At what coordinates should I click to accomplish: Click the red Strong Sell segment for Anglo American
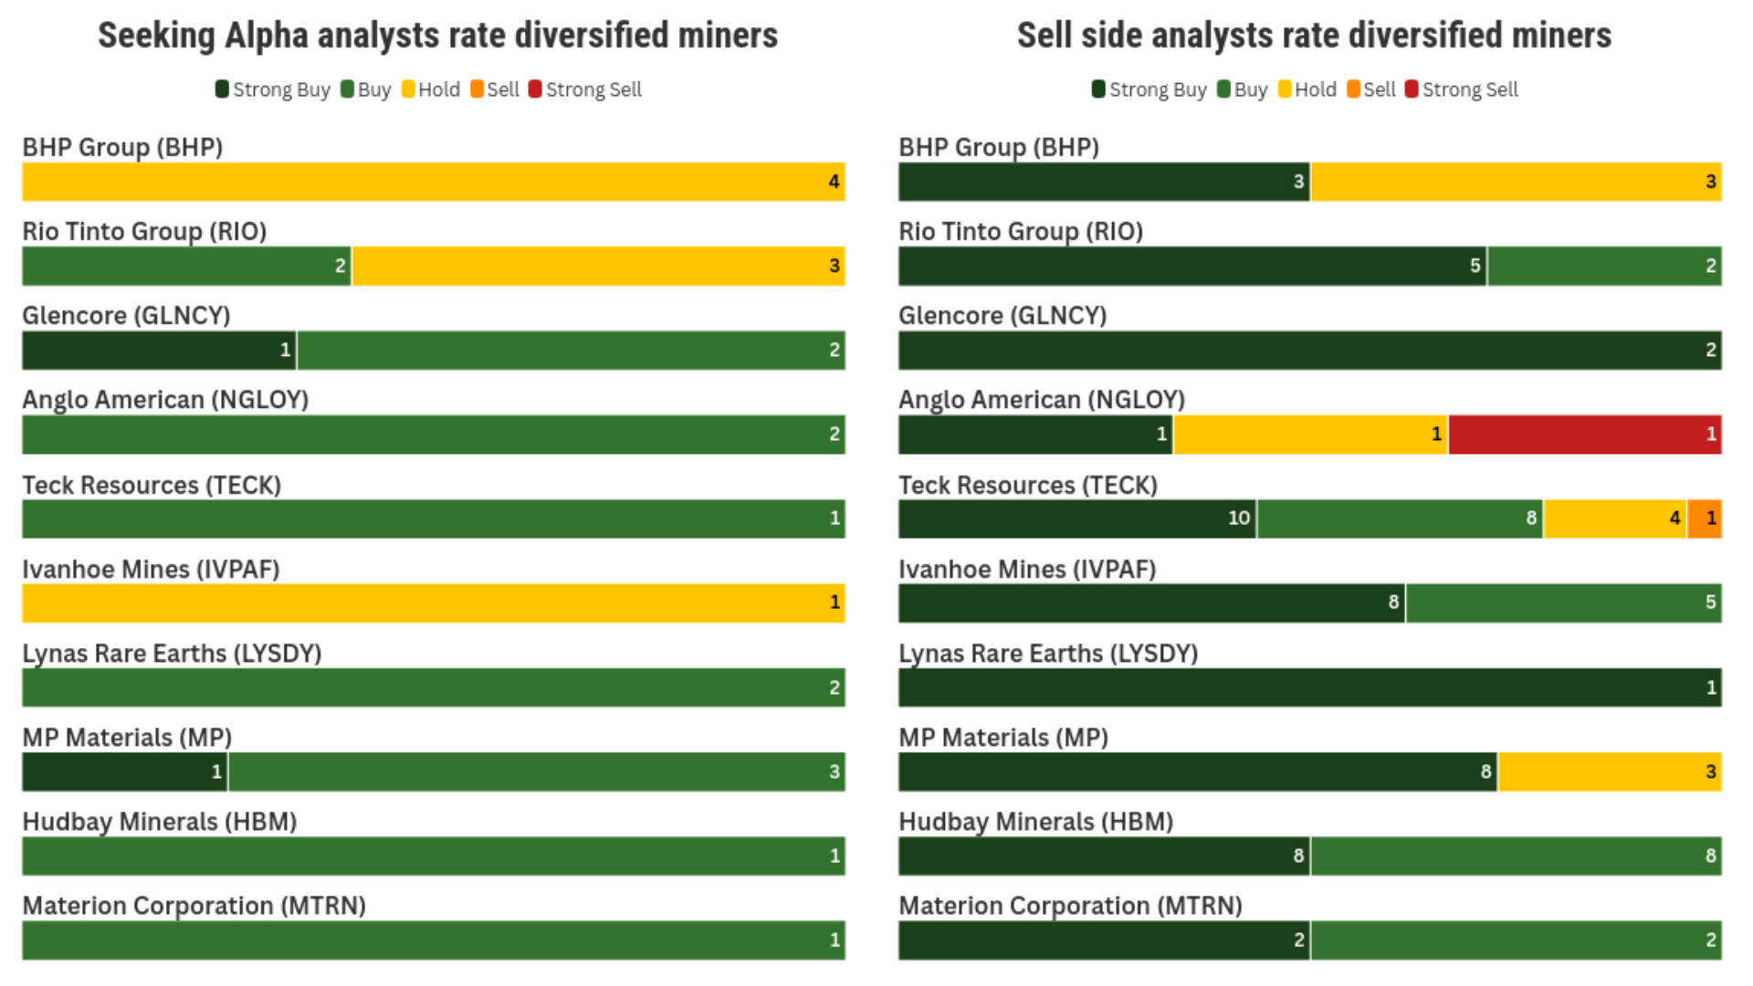pos(1584,435)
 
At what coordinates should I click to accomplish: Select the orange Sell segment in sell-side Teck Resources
pos(1704,519)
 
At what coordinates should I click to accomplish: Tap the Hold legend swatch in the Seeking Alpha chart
pos(408,89)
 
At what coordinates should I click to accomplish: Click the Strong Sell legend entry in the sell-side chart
pos(1462,89)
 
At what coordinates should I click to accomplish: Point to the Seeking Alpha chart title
pos(437,36)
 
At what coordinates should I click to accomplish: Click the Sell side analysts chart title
pos(1314,36)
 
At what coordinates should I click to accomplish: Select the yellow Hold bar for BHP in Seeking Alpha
pos(433,182)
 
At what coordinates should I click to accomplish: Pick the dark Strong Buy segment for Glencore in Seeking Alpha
pos(158,351)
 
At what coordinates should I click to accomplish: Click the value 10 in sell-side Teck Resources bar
pos(1238,519)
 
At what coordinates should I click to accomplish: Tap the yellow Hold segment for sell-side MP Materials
pos(1609,772)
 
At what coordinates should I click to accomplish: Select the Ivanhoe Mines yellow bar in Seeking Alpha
pos(433,603)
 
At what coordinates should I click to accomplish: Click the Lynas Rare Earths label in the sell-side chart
pos(1047,654)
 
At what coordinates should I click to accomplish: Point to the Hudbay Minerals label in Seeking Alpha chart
pos(159,822)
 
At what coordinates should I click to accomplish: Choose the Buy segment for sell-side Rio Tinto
pos(1603,267)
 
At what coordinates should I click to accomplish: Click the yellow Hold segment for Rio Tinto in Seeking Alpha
pos(598,267)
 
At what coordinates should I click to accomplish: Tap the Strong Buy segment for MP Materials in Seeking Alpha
pos(124,772)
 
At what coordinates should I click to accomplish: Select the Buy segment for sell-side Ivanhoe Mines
pos(1563,603)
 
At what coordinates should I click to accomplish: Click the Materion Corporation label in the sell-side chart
pos(1070,906)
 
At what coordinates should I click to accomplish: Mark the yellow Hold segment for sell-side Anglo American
pos(1309,435)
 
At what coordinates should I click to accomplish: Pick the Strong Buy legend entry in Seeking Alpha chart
pos(272,89)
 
